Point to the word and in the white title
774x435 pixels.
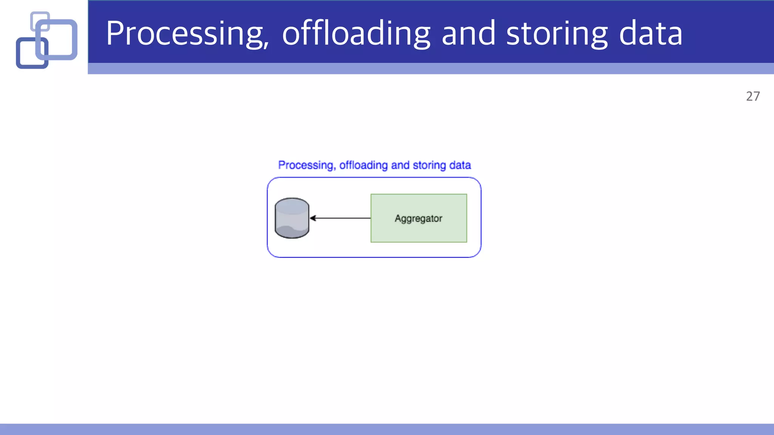pyautogui.click(x=468, y=34)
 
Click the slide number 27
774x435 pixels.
pyautogui.click(x=753, y=97)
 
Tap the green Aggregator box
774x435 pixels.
pyautogui.click(x=419, y=230)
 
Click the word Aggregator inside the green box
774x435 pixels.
pyautogui.click(x=418, y=219)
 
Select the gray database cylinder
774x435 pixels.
pyautogui.click(x=292, y=223)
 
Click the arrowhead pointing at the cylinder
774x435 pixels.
pyautogui.click(x=313, y=218)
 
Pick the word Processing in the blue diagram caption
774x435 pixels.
pyautogui.click(x=306, y=165)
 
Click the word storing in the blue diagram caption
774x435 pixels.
pyautogui.click(x=429, y=165)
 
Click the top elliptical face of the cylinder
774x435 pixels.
pyautogui.click(x=292, y=206)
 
